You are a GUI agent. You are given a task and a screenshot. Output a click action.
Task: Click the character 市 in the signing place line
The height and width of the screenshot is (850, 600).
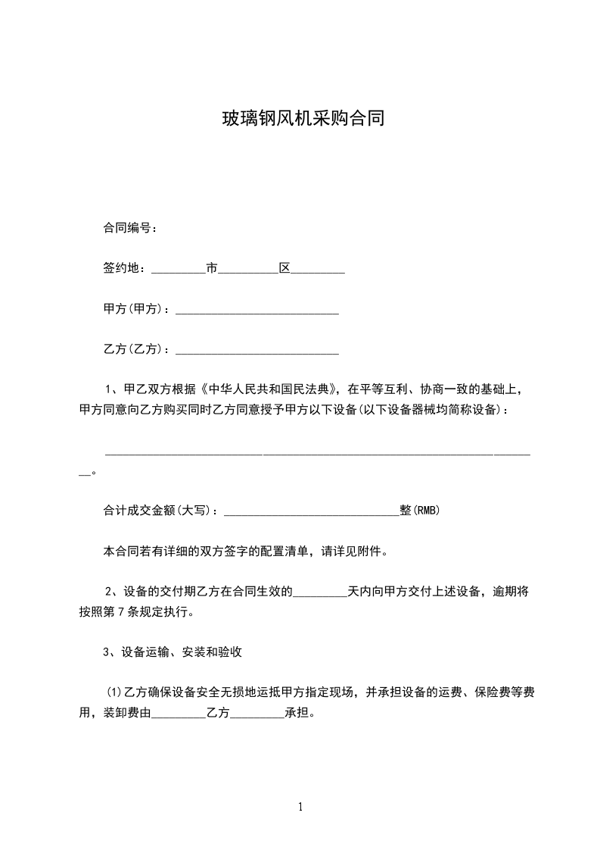point(212,268)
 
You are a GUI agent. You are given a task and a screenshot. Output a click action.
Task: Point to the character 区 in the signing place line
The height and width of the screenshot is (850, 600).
point(285,268)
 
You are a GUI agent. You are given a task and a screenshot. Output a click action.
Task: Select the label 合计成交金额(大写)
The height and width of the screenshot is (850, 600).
point(160,511)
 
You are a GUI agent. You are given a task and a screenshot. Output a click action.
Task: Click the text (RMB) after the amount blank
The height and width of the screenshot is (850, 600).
point(426,511)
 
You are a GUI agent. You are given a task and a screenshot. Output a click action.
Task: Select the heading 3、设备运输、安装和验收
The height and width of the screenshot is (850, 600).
point(173,652)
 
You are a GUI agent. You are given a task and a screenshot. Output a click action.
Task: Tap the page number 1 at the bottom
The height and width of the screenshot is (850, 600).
point(300,807)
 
